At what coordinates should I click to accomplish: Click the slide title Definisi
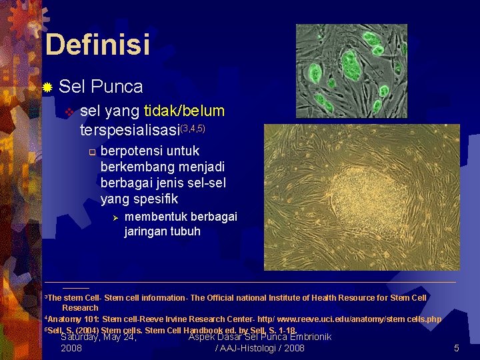(97, 45)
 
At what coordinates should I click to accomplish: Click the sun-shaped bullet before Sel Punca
(47, 87)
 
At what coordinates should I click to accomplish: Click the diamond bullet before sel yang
(67, 111)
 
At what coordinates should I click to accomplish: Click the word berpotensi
(131, 151)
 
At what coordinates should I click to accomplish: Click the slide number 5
(457, 348)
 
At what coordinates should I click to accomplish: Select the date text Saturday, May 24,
(99, 337)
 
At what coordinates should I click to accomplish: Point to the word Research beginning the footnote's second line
(80, 308)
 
